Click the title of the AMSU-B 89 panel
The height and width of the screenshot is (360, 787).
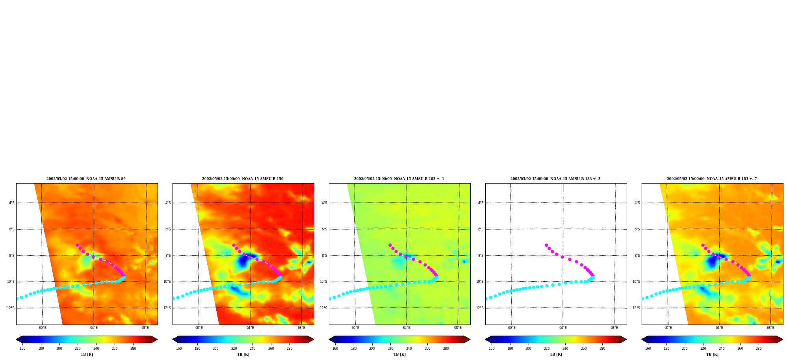[86, 179]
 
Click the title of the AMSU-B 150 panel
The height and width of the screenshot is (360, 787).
[243, 179]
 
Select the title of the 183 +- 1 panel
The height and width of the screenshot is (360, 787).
[399, 179]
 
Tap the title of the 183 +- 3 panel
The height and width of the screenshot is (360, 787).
[555, 179]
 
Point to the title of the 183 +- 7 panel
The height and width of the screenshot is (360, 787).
[712, 179]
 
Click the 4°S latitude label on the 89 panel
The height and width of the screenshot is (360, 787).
[12, 203]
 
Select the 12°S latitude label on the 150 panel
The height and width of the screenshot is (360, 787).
[167, 308]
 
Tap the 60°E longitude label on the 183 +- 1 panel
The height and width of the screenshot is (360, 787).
[355, 328]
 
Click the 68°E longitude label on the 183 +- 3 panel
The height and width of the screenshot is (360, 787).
[614, 328]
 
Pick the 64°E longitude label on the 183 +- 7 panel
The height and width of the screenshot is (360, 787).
[719, 328]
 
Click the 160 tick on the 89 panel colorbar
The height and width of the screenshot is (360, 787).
[22, 349]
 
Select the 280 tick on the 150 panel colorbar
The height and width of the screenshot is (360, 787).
[290, 349]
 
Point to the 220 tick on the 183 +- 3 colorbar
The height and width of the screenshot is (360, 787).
[547, 349]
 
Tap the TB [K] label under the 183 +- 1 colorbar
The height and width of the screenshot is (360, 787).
[399, 354]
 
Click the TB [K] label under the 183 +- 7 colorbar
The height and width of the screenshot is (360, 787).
[712, 354]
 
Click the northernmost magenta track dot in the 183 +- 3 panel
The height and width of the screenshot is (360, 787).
[546, 245]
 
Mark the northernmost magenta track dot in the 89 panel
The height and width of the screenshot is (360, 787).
[77, 245]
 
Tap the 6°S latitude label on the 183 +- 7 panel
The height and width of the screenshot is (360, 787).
[637, 229]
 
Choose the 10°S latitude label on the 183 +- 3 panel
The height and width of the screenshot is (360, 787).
[480, 282]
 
